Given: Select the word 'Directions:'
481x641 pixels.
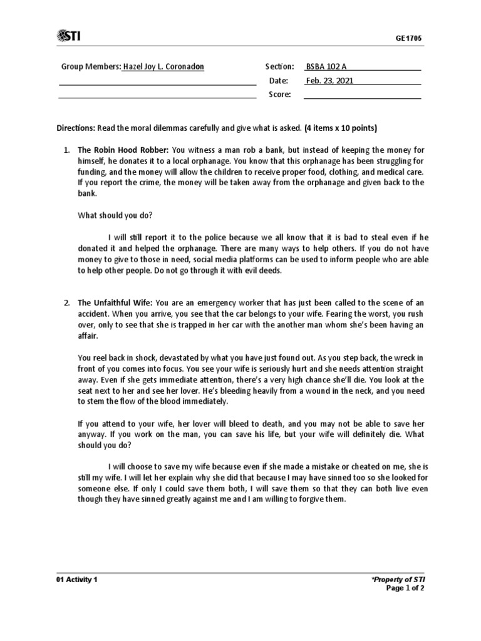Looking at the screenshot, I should click(x=76, y=129).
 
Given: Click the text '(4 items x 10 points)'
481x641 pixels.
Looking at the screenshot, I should click(x=340, y=129).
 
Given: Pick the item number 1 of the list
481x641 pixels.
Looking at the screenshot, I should click(x=66, y=150).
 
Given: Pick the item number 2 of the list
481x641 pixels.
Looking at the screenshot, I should click(x=66, y=303).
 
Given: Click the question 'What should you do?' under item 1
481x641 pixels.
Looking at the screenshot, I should click(x=115, y=215).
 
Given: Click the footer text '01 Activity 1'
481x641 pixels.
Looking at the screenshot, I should click(x=77, y=580).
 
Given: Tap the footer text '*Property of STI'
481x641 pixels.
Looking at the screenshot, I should click(x=399, y=580).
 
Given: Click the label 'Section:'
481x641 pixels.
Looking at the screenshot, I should click(x=279, y=66).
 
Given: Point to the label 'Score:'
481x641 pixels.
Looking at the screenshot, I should click(x=279, y=95).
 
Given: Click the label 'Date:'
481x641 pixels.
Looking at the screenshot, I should click(x=278, y=81).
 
